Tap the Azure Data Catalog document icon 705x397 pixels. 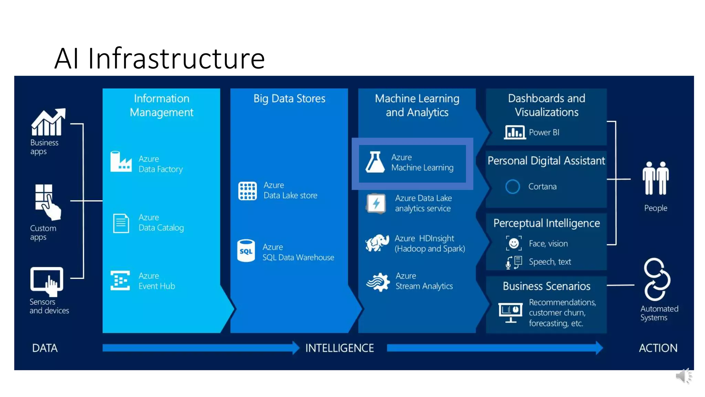(x=121, y=223)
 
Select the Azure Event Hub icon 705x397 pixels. (x=120, y=280)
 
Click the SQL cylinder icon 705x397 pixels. (x=246, y=251)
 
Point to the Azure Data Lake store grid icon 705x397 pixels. (x=247, y=191)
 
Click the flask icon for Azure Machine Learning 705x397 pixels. (x=375, y=162)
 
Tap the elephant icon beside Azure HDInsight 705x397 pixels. (x=377, y=243)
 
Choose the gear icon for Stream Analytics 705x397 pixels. (x=378, y=282)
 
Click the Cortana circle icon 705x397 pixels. (x=513, y=186)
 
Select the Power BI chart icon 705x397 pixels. (x=515, y=132)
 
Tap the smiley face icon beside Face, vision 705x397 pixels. (x=514, y=243)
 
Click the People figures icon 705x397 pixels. (x=655, y=178)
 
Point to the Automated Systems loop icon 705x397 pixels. (x=657, y=279)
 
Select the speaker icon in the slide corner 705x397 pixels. (x=683, y=376)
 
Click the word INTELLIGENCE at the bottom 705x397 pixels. (x=339, y=348)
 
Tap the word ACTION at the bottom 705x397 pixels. (x=658, y=348)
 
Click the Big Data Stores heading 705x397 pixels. (x=289, y=99)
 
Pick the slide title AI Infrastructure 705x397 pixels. (x=159, y=58)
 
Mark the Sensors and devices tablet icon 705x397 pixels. (x=47, y=281)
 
